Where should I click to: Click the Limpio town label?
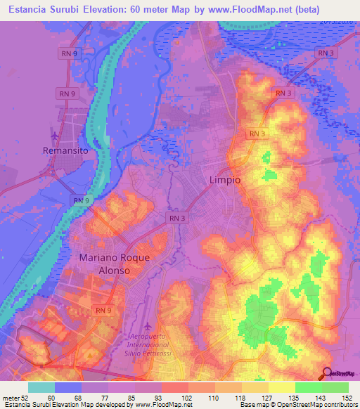click(x=225, y=180)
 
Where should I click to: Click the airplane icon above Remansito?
click(x=56, y=134)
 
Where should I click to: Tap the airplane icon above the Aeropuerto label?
click(x=147, y=327)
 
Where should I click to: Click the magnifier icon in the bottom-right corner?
click(x=328, y=374)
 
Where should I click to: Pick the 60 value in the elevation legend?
click(x=51, y=397)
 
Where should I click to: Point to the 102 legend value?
click(x=187, y=397)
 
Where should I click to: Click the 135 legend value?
click(x=295, y=397)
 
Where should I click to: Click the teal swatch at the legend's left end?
click(x=41, y=387)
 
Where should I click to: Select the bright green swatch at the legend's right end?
click(x=335, y=387)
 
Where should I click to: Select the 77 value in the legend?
click(x=105, y=397)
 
